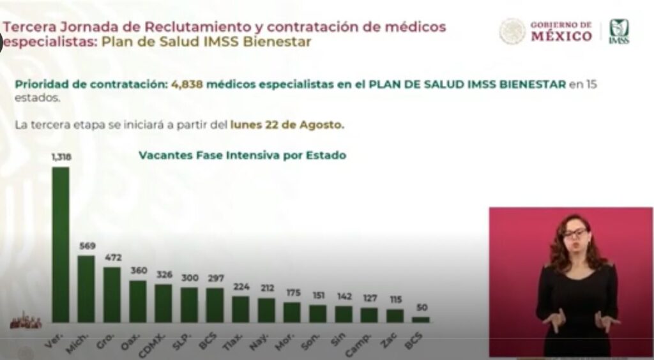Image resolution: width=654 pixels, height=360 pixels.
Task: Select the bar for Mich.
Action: (86, 289)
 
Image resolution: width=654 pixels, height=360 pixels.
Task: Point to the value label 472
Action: (112, 259)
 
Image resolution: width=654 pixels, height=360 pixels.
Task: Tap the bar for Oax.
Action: (138, 301)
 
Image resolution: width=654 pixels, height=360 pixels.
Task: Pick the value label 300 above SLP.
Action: (189, 278)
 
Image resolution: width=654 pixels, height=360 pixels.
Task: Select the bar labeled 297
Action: (215, 305)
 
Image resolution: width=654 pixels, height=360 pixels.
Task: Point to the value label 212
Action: (266, 289)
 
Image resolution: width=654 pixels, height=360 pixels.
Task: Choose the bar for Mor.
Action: (292, 311)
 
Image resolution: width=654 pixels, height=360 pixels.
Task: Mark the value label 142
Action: (344, 296)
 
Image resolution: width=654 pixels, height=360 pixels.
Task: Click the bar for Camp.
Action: (369, 315)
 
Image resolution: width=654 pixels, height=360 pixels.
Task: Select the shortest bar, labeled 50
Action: (421, 319)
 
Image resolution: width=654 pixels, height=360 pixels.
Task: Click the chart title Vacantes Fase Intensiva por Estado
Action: (243, 154)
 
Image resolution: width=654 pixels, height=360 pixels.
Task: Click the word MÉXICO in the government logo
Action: (561, 36)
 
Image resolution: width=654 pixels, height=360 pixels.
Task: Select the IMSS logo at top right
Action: (618, 31)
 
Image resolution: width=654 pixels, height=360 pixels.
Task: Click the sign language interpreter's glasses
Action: (575, 233)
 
